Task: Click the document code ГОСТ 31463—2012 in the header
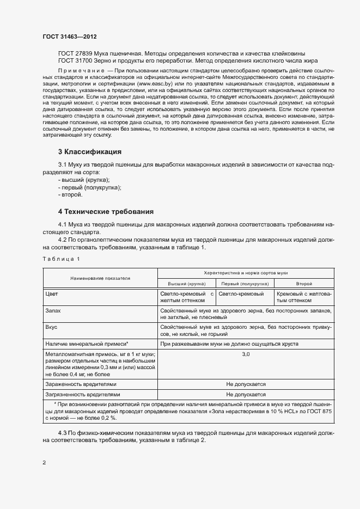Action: tap(69, 36)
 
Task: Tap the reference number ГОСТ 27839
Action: tap(75, 53)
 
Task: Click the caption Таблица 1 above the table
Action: tap(61, 259)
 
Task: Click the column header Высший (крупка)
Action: tap(185, 284)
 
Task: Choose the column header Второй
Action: tap(303, 284)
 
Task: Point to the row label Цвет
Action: tap(53, 294)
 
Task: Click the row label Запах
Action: tap(54, 310)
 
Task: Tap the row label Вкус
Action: tap(53, 328)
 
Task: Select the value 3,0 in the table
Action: tap(246, 354)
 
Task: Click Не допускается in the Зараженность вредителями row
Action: tap(246, 384)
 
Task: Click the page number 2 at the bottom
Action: tap(44, 463)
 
